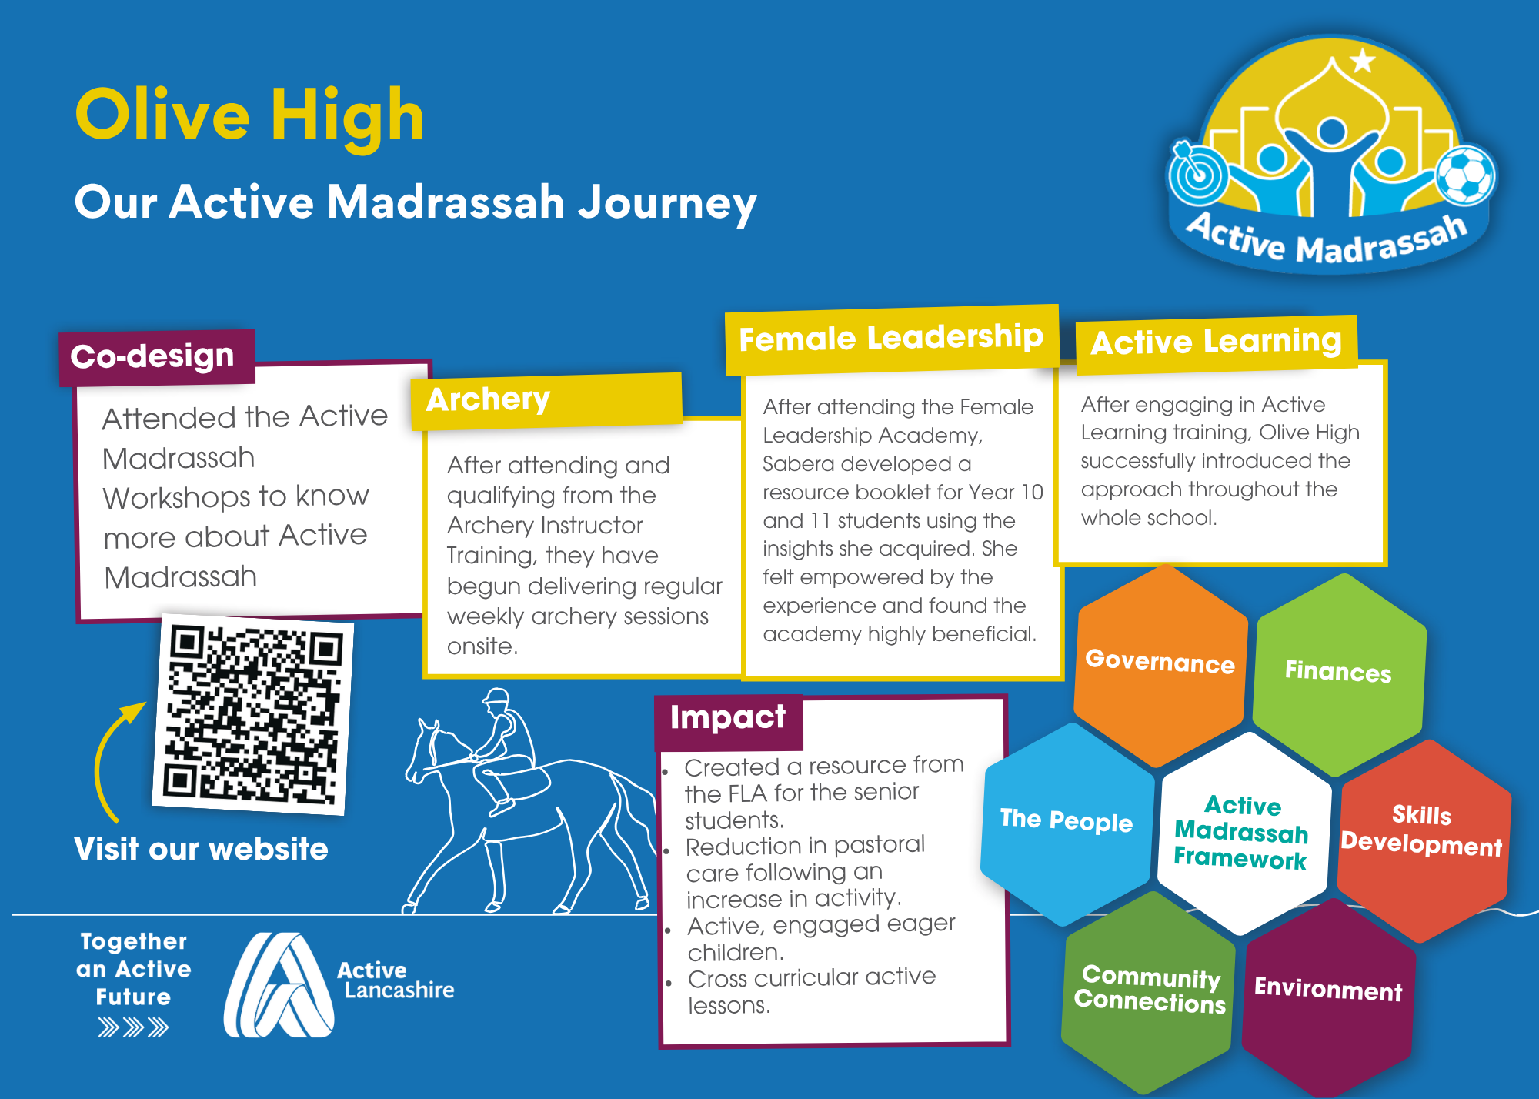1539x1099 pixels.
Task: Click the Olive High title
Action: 250,115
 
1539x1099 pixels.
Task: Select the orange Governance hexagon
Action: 1160,665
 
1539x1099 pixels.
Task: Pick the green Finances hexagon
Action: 1339,673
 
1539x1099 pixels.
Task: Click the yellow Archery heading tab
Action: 546,401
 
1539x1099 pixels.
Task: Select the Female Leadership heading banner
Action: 892,339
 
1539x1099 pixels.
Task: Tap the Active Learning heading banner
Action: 1217,343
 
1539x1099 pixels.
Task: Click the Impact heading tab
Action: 729,722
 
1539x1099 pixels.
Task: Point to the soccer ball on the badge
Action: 1466,175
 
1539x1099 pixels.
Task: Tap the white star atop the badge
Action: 1362,59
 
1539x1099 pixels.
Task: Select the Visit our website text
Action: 202,850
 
